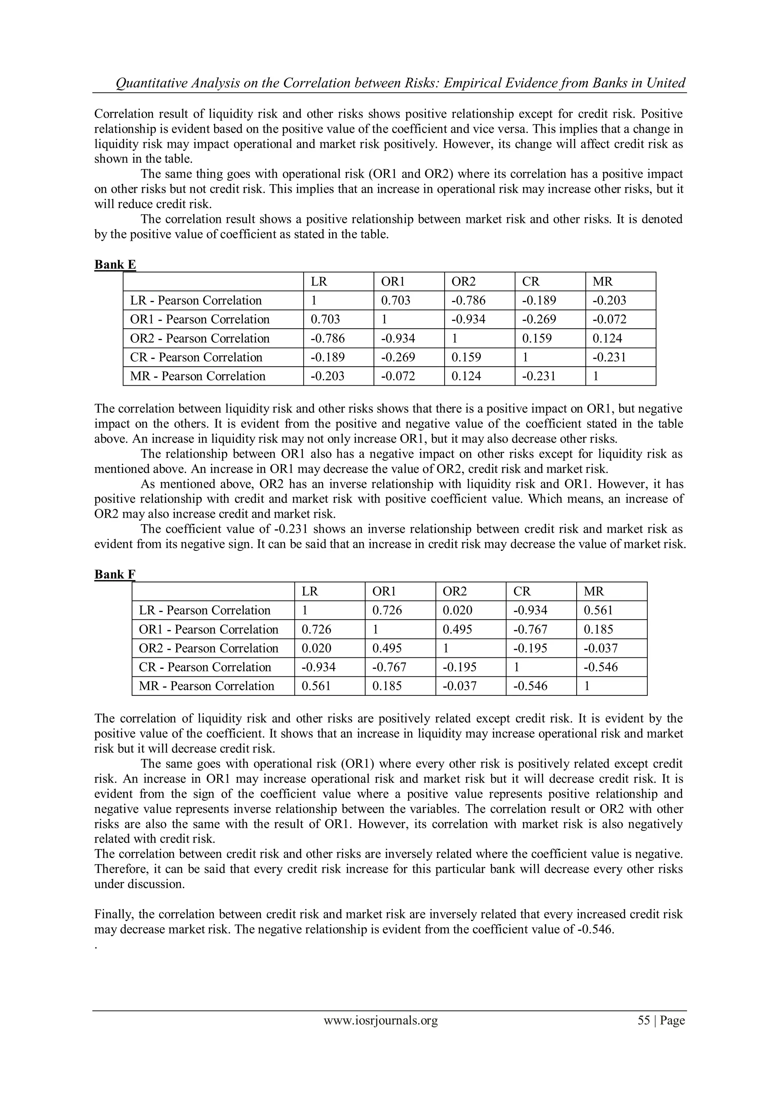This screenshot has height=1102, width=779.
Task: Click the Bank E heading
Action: [x=115, y=264]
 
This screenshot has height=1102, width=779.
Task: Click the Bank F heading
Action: [x=115, y=574]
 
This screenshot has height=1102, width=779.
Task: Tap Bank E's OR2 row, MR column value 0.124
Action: [x=607, y=339]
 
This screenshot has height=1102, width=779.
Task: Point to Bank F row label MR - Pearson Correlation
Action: [x=207, y=686]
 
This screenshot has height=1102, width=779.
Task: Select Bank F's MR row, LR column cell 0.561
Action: [x=316, y=686]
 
